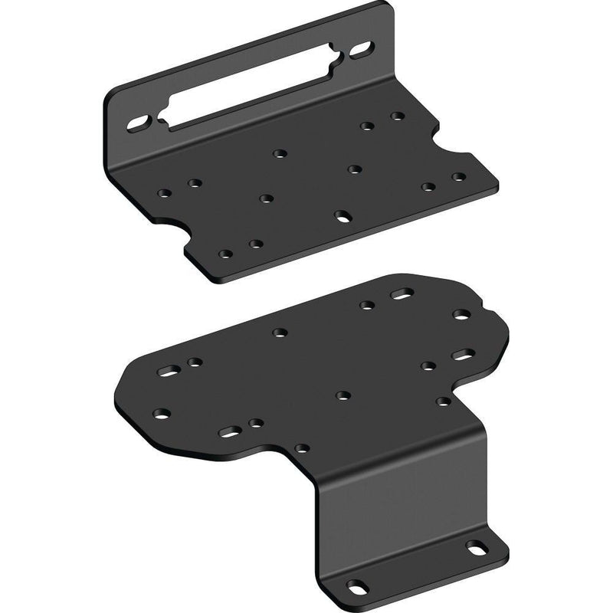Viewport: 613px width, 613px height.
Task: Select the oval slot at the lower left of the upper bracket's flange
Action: [x=139, y=123]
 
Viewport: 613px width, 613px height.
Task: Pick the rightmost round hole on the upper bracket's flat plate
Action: [x=458, y=177]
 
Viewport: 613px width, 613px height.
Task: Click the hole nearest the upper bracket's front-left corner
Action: [x=225, y=254]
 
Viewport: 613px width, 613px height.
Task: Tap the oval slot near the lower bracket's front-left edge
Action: [x=228, y=433]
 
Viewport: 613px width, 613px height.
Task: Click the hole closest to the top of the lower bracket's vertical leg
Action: [x=303, y=447]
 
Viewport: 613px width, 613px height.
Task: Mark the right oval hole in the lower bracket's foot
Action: [x=476, y=549]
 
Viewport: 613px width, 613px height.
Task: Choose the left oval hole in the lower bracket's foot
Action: [x=356, y=587]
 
